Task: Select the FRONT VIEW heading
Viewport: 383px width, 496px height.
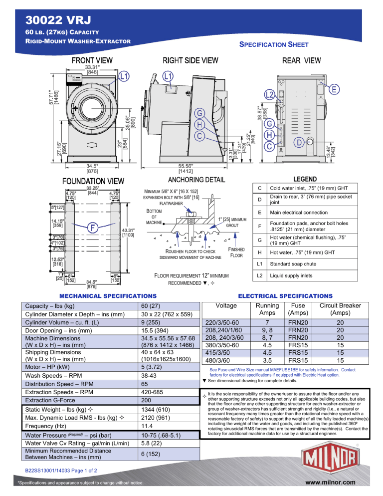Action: click(x=91, y=60)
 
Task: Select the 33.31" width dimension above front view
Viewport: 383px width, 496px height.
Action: click(x=91, y=67)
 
